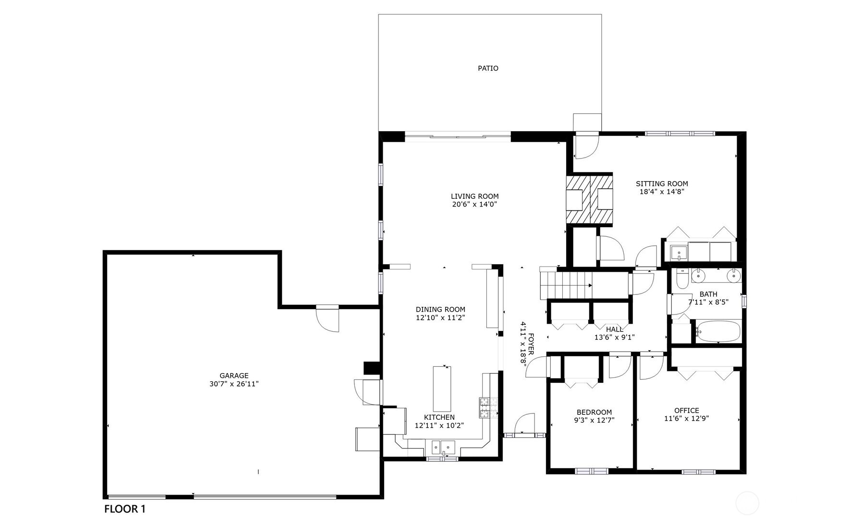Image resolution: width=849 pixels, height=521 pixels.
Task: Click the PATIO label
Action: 487,68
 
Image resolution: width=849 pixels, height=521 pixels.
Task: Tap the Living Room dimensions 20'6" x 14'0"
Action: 474,205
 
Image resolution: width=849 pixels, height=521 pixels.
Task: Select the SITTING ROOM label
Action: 661,183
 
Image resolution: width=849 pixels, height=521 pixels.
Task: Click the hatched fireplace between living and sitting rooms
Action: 589,199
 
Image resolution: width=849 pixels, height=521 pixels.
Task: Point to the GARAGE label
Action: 234,376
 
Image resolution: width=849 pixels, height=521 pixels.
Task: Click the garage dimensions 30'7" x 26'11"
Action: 234,384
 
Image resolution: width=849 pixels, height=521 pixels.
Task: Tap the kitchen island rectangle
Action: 442,388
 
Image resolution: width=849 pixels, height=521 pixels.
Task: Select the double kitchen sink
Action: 443,448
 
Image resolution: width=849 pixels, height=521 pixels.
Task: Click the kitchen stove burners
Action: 483,407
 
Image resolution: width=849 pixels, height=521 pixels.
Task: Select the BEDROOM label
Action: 594,412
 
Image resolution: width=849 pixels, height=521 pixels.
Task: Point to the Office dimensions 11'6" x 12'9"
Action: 686,418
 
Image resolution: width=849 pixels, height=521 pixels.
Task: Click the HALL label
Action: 614,329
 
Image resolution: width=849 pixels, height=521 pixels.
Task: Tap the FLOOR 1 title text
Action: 124,509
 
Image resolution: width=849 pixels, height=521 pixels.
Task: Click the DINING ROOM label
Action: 440,310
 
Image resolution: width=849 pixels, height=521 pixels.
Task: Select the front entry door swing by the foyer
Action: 524,424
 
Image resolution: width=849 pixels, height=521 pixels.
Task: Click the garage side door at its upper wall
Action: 327,317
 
